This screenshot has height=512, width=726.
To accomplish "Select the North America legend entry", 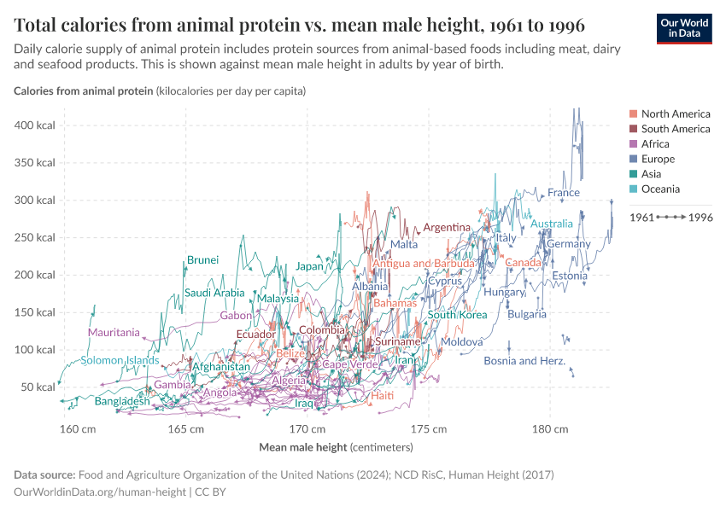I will click(x=675, y=113).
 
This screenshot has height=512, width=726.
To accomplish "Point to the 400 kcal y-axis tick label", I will click(x=35, y=125).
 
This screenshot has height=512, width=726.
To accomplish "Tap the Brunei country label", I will click(x=202, y=259).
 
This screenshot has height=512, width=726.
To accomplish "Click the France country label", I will click(x=564, y=193).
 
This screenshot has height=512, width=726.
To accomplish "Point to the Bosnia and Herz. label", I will click(x=524, y=361).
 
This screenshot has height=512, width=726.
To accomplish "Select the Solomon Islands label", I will click(x=120, y=360).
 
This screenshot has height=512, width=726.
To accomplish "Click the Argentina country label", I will click(x=447, y=227).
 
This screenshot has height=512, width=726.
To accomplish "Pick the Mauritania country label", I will click(x=113, y=332).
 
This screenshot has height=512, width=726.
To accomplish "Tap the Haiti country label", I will click(x=382, y=396).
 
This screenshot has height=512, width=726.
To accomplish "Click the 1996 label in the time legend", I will click(x=700, y=218).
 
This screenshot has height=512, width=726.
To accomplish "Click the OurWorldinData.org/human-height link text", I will click(x=100, y=492).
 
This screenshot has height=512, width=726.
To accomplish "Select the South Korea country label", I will click(x=457, y=315).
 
